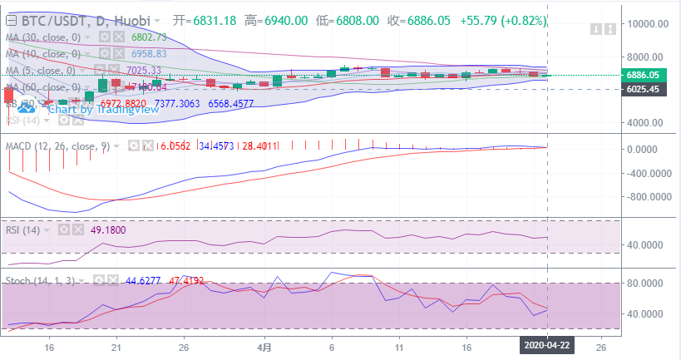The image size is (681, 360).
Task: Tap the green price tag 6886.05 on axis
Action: click(x=649, y=75)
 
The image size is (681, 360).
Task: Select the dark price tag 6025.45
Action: click(x=649, y=89)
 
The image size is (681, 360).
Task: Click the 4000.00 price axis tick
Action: click(x=649, y=123)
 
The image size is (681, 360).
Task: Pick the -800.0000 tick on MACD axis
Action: click(x=646, y=197)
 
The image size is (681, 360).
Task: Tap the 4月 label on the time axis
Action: click(x=264, y=348)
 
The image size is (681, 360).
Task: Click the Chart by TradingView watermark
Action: click(x=91, y=109)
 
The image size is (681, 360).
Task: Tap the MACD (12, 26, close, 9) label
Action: click(x=57, y=146)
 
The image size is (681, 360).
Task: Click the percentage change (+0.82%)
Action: click(x=523, y=20)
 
